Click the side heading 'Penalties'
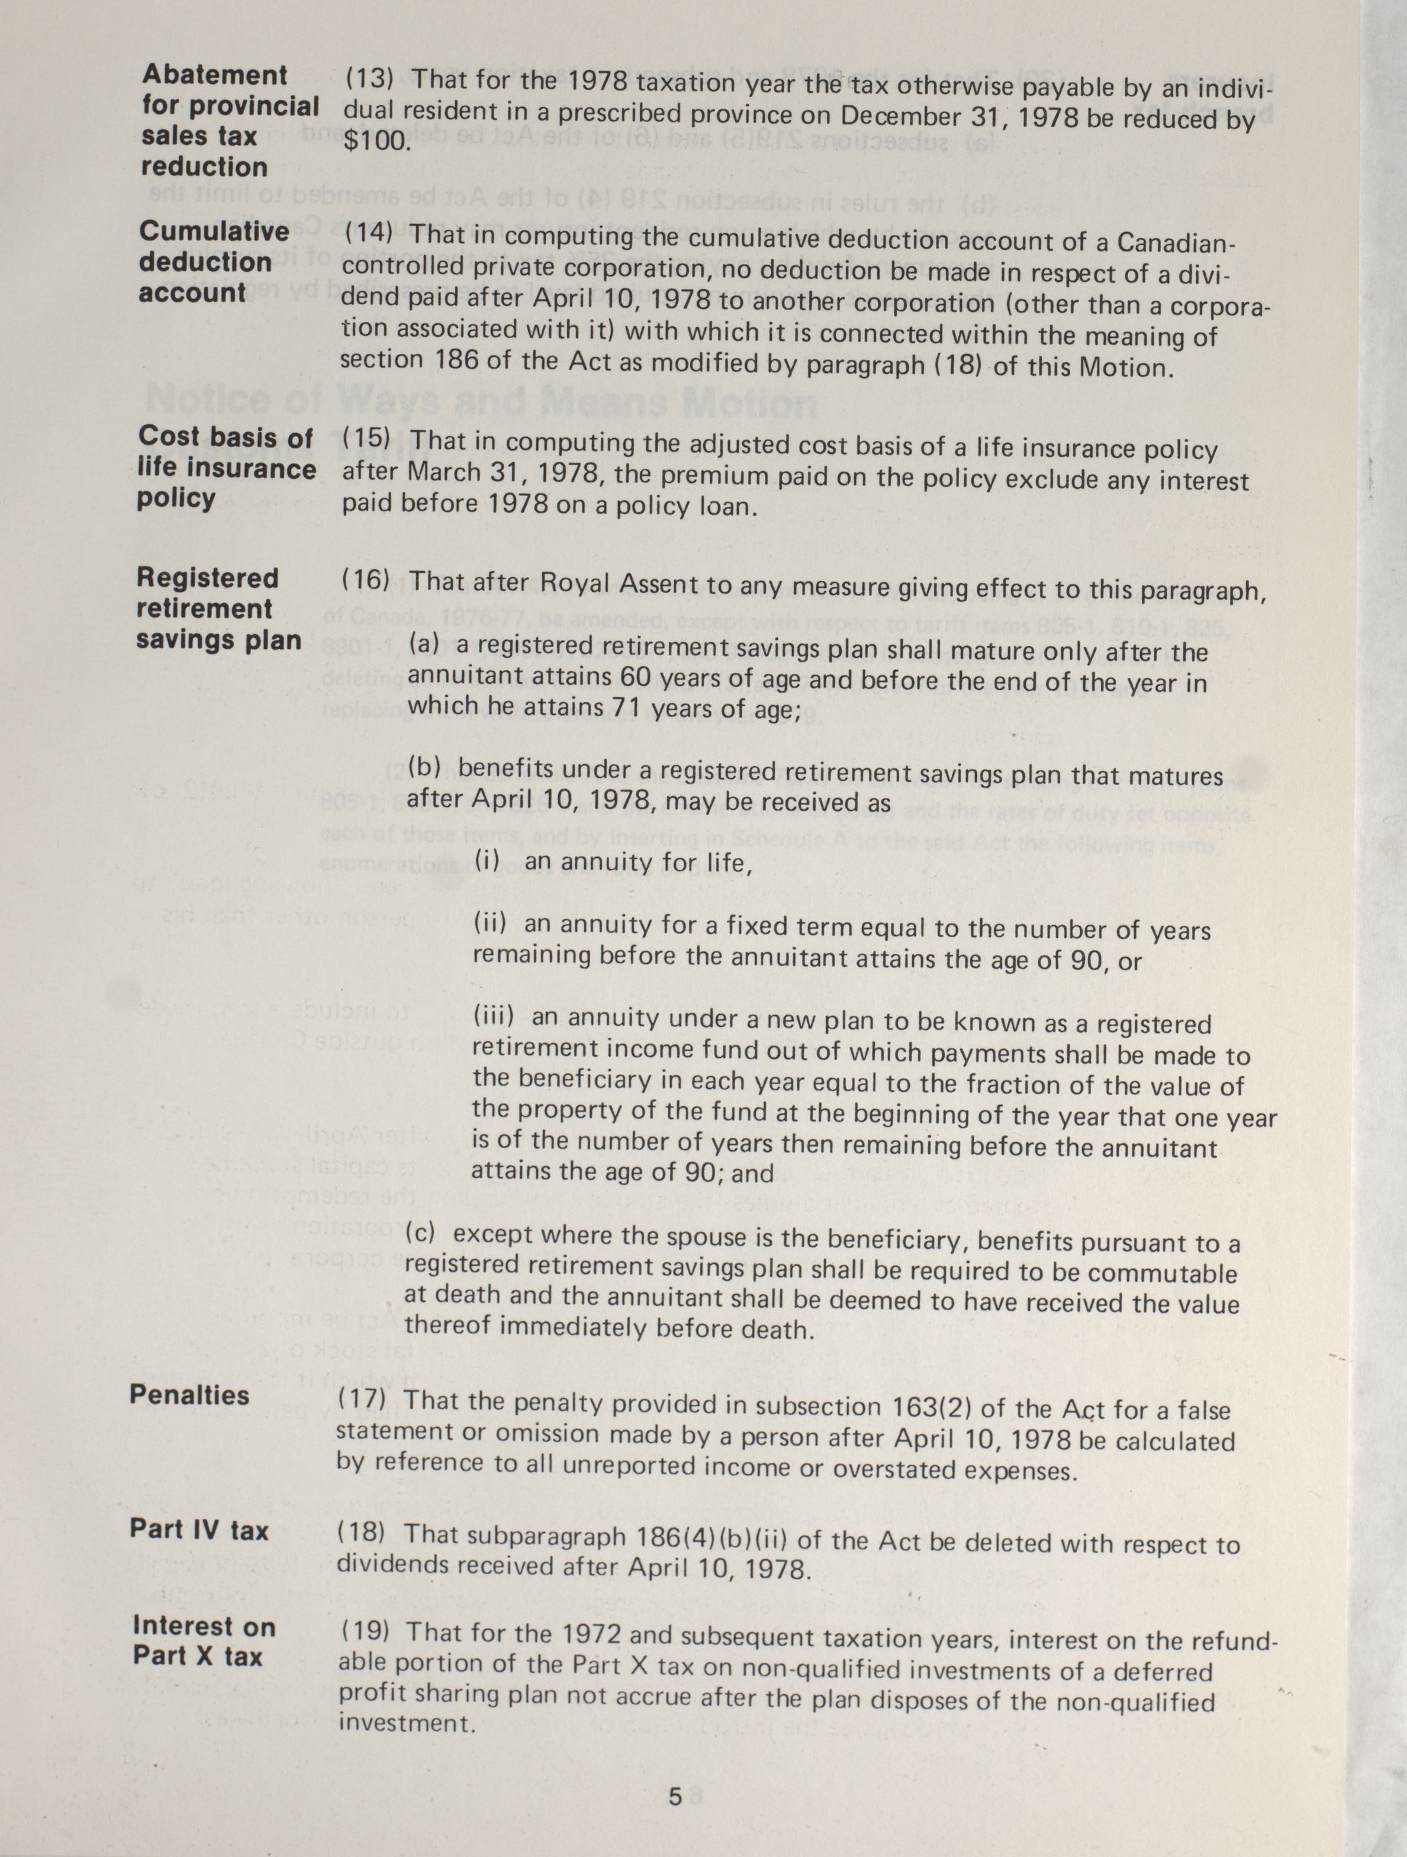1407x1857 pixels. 190,1395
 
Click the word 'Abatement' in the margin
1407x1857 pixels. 215,75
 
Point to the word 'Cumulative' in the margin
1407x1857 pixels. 214,231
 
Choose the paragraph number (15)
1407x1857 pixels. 367,439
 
